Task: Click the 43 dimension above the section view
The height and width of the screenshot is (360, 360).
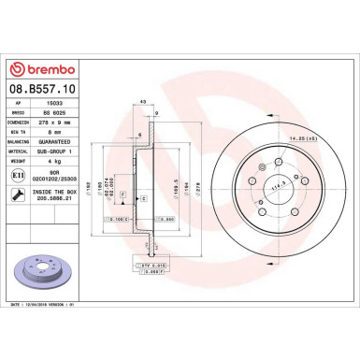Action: pyautogui.click(x=143, y=102)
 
